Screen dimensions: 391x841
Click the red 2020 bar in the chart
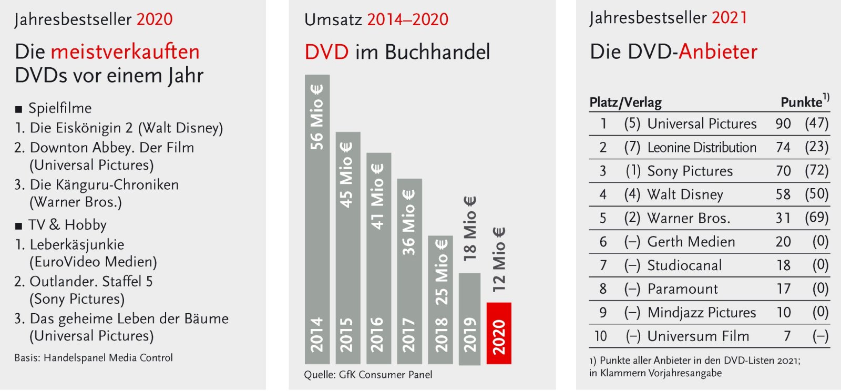tap(498, 333)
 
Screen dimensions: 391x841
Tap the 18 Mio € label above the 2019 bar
tap(469, 229)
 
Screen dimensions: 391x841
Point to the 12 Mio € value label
tap(498, 260)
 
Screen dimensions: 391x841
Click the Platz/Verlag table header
tap(625, 102)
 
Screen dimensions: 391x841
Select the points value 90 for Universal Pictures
tap(783, 124)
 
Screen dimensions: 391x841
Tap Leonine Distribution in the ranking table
tap(701, 148)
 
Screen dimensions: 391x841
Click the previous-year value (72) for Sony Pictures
tap(816, 171)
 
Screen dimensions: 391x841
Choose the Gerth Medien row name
tap(691, 242)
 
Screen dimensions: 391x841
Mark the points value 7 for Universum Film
tap(787, 336)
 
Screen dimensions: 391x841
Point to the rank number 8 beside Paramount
tap(603, 289)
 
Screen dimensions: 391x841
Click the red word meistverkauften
tap(125, 52)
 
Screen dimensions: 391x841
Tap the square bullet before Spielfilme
tap(19, 109)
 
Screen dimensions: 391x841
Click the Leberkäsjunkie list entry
tap(77, 244)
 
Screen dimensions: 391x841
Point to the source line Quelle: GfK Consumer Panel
tap(368, 375)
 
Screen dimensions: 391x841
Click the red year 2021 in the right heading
tap(729, 18)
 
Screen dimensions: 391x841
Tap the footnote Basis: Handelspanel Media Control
tap(94, 358)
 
